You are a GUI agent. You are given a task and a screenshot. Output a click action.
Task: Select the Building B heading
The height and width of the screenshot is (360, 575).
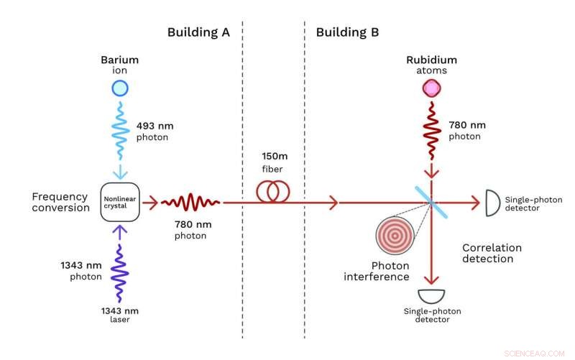coord(347,32)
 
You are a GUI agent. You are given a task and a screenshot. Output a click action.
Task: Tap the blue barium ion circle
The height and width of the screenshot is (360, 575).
coord(119,88)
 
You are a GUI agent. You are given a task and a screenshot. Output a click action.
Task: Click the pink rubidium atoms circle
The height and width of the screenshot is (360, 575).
coord(431,88)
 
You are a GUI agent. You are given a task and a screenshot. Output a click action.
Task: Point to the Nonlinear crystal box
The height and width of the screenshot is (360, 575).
coord(119,203)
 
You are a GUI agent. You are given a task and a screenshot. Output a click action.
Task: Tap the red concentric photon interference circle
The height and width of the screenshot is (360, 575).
coord(393,234)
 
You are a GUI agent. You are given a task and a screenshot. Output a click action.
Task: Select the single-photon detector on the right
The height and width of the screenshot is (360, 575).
coord(493,203)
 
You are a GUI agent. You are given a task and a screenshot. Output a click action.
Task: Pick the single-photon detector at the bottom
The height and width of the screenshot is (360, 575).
coord(431,295)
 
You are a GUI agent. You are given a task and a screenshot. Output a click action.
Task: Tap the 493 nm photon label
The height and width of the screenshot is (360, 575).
coord(155,131)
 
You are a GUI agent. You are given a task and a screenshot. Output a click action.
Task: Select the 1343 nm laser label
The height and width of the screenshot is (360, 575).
coord(119,315)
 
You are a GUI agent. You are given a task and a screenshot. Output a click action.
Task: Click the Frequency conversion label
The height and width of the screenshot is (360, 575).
coord(61,202)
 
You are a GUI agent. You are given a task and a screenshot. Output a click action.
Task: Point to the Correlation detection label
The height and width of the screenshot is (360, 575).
coord(492,253)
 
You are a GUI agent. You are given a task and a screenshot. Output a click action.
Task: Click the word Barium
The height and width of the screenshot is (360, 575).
coord(119,60)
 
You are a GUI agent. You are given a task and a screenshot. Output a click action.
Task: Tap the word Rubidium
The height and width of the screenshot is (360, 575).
coord(431,60)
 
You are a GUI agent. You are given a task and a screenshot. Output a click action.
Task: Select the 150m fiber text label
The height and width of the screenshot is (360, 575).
coord(273,162)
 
